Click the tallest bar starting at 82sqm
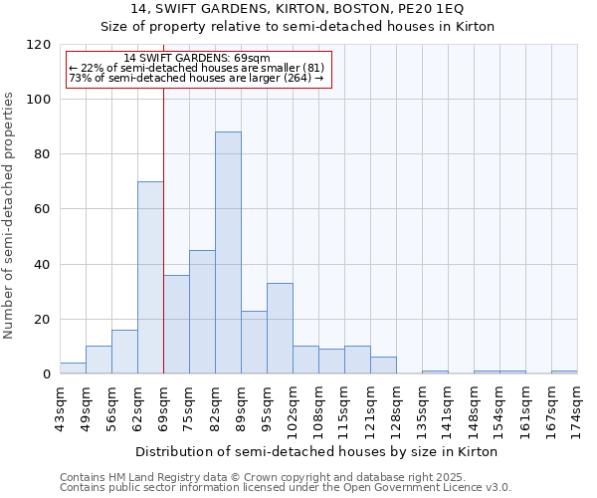tap(228, 253)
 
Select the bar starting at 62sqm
tap(150, 278)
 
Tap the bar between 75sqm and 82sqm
tap(202, 312)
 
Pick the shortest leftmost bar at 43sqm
tap(73, 369)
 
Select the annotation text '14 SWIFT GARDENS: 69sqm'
tap(196, 59)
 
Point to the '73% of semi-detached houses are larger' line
tap(196, 78)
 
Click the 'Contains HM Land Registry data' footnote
tap(285, 477)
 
